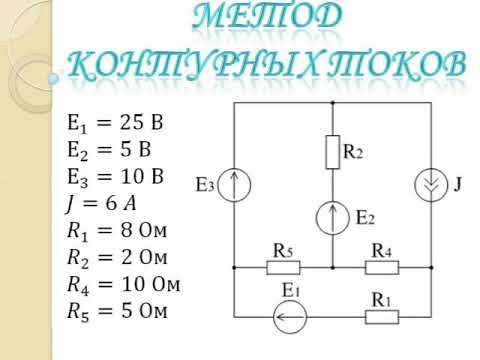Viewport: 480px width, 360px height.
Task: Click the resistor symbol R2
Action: click(x=331, y=153)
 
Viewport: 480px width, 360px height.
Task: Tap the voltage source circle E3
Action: click(x=233, y=186)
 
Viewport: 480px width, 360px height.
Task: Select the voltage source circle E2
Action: click(x=331, y=216)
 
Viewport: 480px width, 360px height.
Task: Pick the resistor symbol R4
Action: click(x=381, y=268)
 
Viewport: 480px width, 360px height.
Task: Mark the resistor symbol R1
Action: click(x=381, y=317)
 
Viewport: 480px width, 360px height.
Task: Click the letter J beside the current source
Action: click(x=458, y=185)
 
